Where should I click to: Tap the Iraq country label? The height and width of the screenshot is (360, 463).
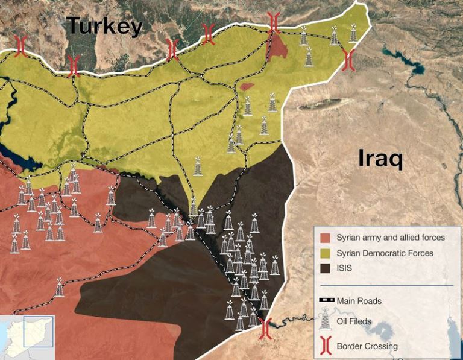click(380, 159)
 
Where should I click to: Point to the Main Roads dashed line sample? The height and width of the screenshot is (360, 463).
click(326, 300)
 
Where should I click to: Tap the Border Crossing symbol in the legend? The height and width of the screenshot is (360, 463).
click(326, 346)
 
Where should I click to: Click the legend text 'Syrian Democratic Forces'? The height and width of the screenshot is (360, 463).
click(385, 253)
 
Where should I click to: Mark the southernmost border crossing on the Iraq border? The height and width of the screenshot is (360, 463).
click(265, 329)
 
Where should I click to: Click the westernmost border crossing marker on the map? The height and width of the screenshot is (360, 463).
click(20, 45)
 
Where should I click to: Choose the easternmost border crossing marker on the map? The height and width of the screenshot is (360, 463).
click(348, 58)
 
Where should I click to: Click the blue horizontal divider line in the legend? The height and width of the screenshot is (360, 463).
click(385, 285)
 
